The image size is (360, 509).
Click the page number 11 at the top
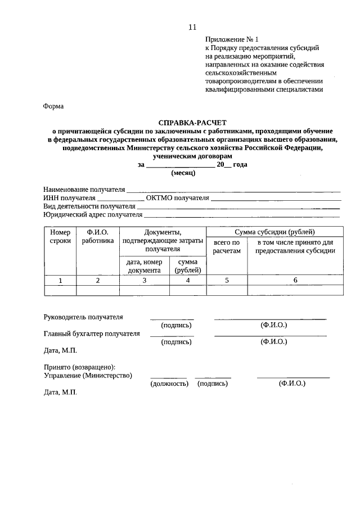(193, 27)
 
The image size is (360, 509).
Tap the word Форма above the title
(53, 106)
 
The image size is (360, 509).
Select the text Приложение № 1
(231, 40)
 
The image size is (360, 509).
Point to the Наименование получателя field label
(84, 190)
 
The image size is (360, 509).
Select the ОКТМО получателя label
(177, 198)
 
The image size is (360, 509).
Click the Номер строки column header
(60, 237)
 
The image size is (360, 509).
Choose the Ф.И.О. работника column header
(97, 237)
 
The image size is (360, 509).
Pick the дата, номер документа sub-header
(145, 266)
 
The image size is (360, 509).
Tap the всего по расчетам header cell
(227, 246)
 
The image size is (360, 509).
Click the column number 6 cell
(295, 280)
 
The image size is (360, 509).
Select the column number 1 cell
(60, 280)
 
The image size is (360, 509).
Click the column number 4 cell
(188, 280)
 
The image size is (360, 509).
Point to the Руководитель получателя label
(83, 317)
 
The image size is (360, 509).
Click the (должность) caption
(168, 384)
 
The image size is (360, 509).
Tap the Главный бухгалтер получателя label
(92, 334)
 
